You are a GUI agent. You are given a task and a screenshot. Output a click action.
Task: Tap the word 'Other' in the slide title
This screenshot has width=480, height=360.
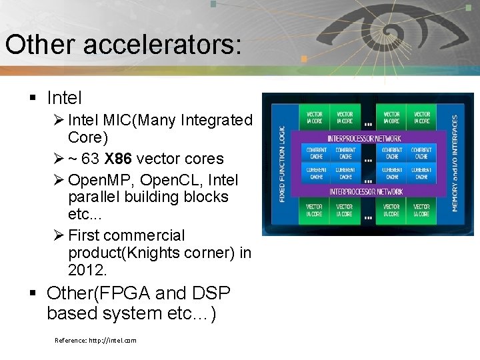tap(38, 45)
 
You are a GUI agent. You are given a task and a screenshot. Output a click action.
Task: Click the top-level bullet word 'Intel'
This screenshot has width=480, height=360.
tap(64, 99)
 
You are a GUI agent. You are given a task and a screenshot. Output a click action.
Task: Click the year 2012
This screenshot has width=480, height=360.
tap(87, 270)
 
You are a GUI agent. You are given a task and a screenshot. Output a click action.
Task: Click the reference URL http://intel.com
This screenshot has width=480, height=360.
tap(95, 340)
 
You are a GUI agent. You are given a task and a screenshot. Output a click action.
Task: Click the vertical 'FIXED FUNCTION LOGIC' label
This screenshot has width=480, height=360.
tap(282, 164)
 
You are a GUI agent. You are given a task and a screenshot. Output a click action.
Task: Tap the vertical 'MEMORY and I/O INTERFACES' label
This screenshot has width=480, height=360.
tap(455, 164)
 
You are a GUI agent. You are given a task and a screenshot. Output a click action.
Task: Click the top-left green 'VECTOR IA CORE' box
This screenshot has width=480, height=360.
tap(314, 117)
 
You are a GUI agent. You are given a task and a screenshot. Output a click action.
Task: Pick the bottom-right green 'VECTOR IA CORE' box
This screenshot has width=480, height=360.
tap(421, 211)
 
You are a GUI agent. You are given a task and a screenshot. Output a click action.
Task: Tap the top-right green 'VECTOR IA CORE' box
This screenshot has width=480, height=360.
tap(421, 117)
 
